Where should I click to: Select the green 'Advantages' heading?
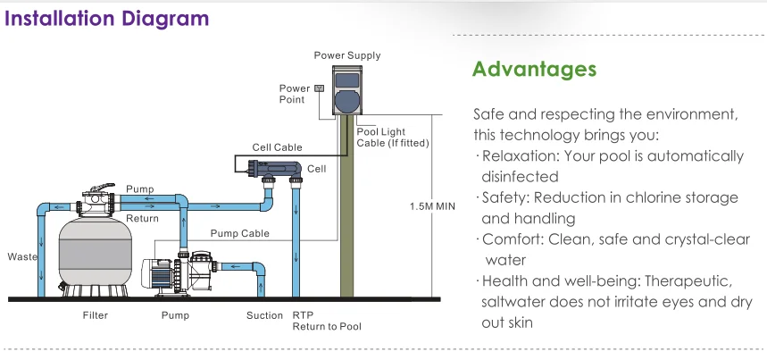click(x=534, y=69)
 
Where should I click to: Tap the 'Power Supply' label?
click(x=347, y=55)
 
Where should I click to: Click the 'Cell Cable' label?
click(x=277, y=147)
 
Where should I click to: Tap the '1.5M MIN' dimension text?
click(x=431, y=206)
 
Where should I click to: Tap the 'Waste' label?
click(x=21, y=256)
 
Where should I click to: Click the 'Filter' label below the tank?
click(x=96, y=315)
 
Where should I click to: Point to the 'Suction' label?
click(x=265, y=315)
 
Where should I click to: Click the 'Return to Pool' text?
click(x=327, y=327)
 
